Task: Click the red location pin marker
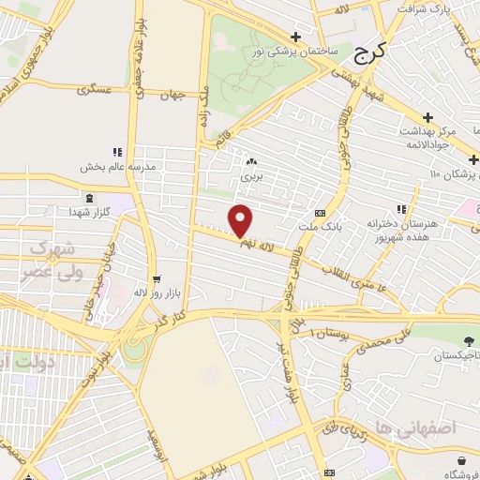(241, 220)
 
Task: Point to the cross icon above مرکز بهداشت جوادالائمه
(427, 117)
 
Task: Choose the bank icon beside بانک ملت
(321, 213)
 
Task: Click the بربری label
(250, 175)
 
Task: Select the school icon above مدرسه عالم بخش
(117, 151)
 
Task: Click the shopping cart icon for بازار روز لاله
(156, 278)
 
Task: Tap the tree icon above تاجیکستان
(468, 339)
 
